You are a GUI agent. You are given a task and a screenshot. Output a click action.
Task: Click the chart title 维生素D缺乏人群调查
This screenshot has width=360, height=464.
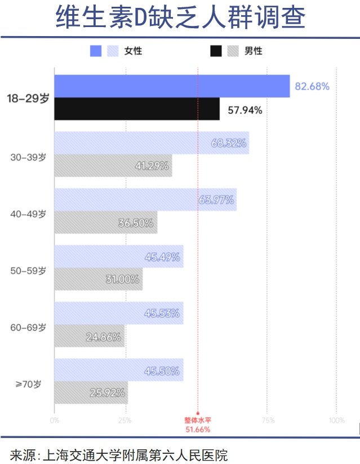(180, 18)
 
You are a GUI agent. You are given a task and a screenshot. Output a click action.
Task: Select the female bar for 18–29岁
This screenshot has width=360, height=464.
(172, 86)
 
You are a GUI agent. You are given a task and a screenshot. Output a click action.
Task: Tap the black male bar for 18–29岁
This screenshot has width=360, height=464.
(137, 109)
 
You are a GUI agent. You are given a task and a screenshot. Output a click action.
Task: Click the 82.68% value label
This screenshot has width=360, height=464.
(312, 87)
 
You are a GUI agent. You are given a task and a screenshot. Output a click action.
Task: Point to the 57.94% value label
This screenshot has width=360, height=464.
(245, 110)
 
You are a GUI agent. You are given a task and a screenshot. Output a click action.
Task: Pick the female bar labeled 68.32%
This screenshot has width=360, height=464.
(152, 143)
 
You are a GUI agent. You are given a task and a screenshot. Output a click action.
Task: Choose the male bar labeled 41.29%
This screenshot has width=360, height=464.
(113, 166)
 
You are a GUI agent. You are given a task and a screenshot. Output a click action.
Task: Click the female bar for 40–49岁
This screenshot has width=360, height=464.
(145, 200)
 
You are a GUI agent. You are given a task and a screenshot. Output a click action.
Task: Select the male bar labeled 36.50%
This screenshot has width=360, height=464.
(106, 223)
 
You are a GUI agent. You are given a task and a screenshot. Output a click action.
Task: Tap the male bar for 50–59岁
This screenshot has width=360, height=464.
(99, 279)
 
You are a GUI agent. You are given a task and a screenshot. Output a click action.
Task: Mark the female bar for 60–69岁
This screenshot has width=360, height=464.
(119, 313)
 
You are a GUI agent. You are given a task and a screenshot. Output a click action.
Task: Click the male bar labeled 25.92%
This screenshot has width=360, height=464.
(91, 392)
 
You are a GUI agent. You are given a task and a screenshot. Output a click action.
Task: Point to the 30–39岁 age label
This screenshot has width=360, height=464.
(28, 158)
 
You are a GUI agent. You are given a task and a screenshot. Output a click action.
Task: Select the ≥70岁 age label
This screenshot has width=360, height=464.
(29, 384)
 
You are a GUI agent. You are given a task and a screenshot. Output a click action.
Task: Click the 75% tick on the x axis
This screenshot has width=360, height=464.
(268, 420)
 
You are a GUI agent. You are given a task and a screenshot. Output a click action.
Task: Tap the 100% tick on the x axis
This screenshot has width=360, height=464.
(336, 420)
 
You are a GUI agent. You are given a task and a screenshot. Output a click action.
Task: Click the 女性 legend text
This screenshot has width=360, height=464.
(134, 51)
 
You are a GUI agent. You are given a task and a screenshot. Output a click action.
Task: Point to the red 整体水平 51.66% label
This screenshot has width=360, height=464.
(198, 425)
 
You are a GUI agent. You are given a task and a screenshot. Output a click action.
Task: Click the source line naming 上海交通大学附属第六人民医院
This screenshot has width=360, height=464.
(119, 454)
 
